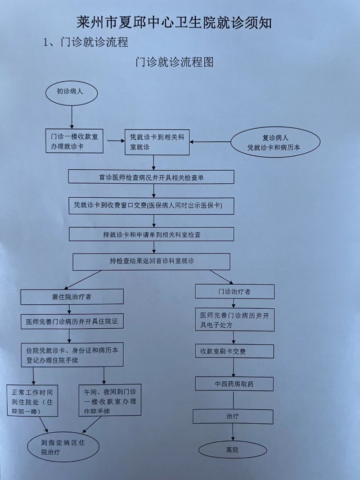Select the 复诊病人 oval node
coord(275,142)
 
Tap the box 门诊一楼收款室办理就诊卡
coord(75,141)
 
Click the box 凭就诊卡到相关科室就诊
coord(157,142)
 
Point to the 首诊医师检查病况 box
coord(151,177)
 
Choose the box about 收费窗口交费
coord(151,206)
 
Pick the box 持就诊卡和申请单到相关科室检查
coord(151,234)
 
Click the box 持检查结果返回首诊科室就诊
coord(151,262)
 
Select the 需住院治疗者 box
coord(72,297)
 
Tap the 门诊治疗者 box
coord(234,291)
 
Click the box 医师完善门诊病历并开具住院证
coord(72,321)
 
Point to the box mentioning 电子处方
coord(234,320)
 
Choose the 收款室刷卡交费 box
coord(234,351)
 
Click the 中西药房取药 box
coord(234,384)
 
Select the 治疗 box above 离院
coord(233,417)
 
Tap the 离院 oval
coord(233,450)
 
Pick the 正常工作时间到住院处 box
coord(32,401)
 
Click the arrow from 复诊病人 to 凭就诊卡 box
coord(210,142)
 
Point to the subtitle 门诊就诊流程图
coord(174,62)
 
